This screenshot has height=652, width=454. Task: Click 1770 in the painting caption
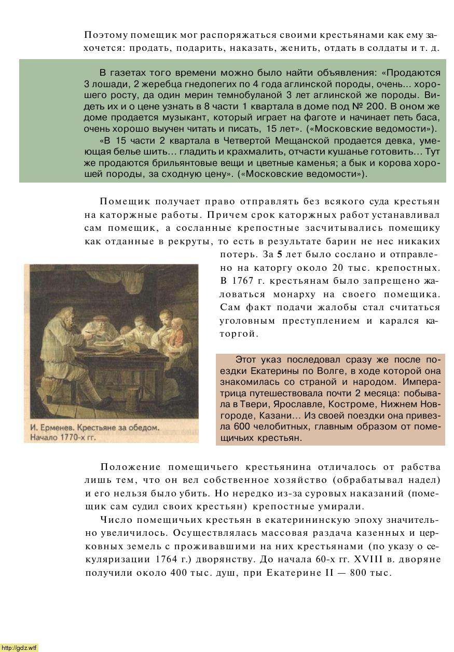(66, 437)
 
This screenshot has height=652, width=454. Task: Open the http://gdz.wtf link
(19, 647)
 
